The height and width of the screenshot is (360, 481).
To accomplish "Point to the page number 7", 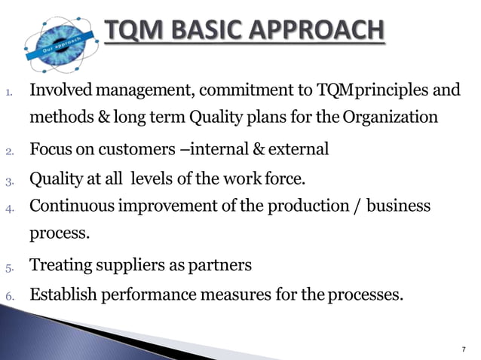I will point(464,349).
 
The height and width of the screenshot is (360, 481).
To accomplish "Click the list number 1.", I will point(9,94).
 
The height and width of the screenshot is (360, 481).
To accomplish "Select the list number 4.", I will point(9,208).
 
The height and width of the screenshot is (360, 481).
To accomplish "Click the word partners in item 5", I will point(224,266).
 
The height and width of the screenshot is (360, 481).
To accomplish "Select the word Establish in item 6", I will point(63,294).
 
